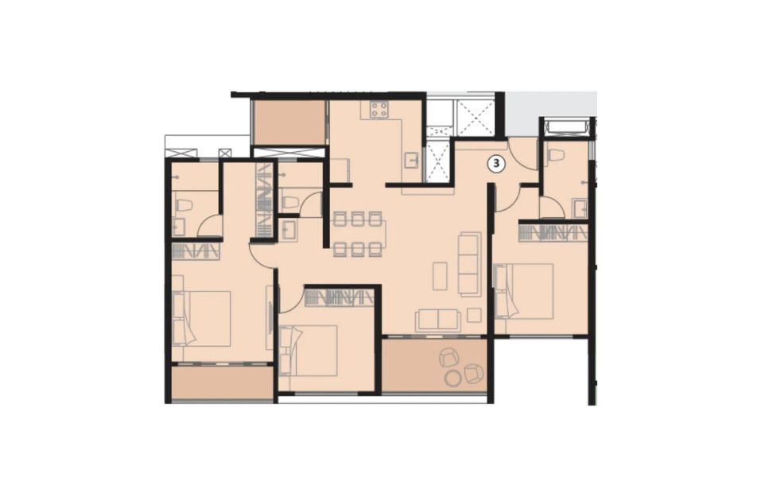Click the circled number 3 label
coord(496,164)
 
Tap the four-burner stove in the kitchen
coord(379,109)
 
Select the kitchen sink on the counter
coord(412,160)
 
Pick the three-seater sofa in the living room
coord(470,263)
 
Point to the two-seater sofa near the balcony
coord(438,320)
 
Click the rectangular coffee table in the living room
coord(441,276)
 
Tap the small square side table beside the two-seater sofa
coord(474,315)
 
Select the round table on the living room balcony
coord(454,378)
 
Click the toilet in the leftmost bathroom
coord(184,205)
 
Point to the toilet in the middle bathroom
coord(289,201)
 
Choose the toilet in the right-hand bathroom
coord(555,155)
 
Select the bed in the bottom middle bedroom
coord(309,351)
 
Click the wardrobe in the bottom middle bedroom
coord(339,297)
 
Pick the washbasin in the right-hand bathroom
coord(580,208)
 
